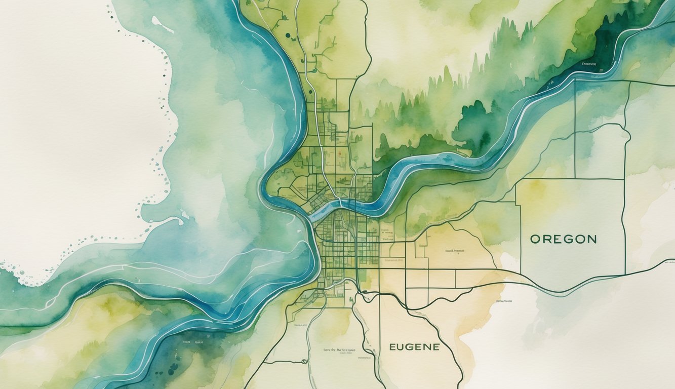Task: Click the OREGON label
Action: [563, 239]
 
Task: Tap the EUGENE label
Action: [414, 347]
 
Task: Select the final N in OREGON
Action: [591, 239]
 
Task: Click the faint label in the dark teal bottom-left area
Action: [188, 342]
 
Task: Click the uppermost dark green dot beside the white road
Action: [287, 35]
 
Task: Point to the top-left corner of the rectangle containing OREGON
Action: [516, 179]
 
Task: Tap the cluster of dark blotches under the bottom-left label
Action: [173, 366]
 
